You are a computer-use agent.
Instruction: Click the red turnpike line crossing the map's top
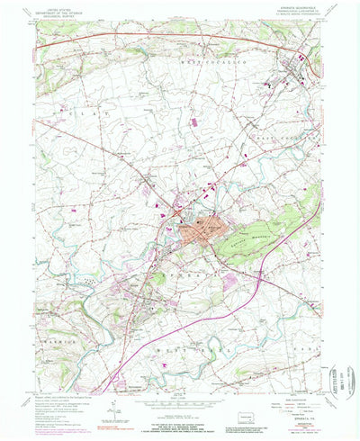tap(135, 35)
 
